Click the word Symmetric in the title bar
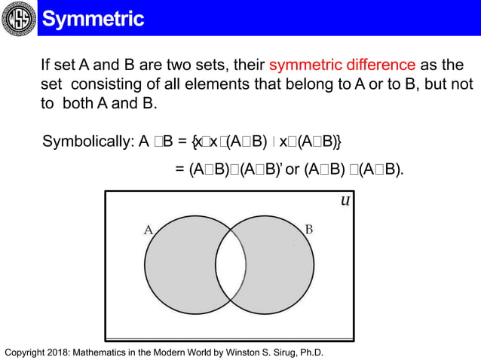point(93,18)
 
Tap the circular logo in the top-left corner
point(18,18)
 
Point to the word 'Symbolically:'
point(87,141)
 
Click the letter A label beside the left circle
point(149,230)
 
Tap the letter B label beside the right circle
point(309,229)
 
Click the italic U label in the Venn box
point(344,201)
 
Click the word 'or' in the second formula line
point(293,169)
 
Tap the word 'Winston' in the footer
point(241,352)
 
